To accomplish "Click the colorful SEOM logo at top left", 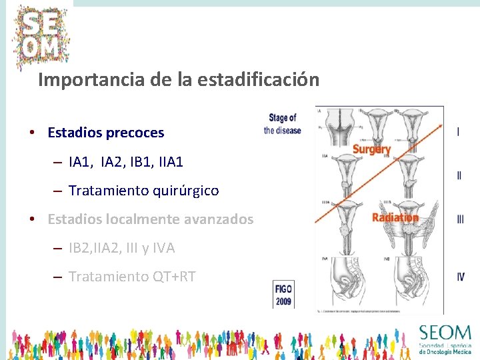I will [x=41, y=36].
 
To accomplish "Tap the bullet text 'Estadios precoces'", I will [x=105, y=133].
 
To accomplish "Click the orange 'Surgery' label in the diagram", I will [x=371, y=149].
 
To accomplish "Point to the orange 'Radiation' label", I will [x=395, y=217].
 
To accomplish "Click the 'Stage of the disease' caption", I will [x=282, y=124].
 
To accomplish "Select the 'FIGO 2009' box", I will [x=283, y=293].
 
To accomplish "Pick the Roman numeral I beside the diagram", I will [x=458, y=131].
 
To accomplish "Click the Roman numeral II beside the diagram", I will [x=459, y=176].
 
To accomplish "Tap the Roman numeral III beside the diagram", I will [x=460, y=219].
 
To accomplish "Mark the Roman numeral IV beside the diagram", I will [x=460, y=277].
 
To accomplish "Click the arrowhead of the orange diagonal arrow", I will [x=441, y=125].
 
